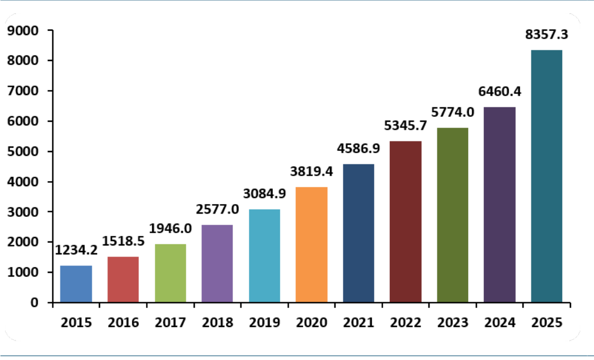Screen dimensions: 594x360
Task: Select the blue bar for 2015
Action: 76,284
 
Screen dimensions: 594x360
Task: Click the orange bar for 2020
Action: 312,244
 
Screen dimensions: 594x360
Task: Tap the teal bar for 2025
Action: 546,176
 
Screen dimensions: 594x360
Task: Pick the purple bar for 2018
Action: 217,263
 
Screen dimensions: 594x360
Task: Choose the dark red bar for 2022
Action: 406,221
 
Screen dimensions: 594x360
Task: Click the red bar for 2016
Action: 123,280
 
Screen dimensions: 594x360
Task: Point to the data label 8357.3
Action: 546,35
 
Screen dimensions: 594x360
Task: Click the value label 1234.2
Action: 76,250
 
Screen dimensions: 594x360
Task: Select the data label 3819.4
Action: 312,172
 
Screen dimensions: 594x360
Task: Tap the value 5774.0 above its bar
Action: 452,112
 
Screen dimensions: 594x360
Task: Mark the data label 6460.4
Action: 499,91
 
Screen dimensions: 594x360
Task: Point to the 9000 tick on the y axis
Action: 23,30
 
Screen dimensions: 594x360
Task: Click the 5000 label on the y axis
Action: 23,151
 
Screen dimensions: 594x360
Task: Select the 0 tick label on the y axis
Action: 35,302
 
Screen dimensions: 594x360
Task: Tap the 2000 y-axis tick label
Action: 23,242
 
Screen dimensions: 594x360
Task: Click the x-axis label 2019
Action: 265,323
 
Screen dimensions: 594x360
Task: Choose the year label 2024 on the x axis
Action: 499,323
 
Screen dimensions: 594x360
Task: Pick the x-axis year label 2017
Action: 170,323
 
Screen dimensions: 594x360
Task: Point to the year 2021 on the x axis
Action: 359,323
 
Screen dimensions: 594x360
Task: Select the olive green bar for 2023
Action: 452,215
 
